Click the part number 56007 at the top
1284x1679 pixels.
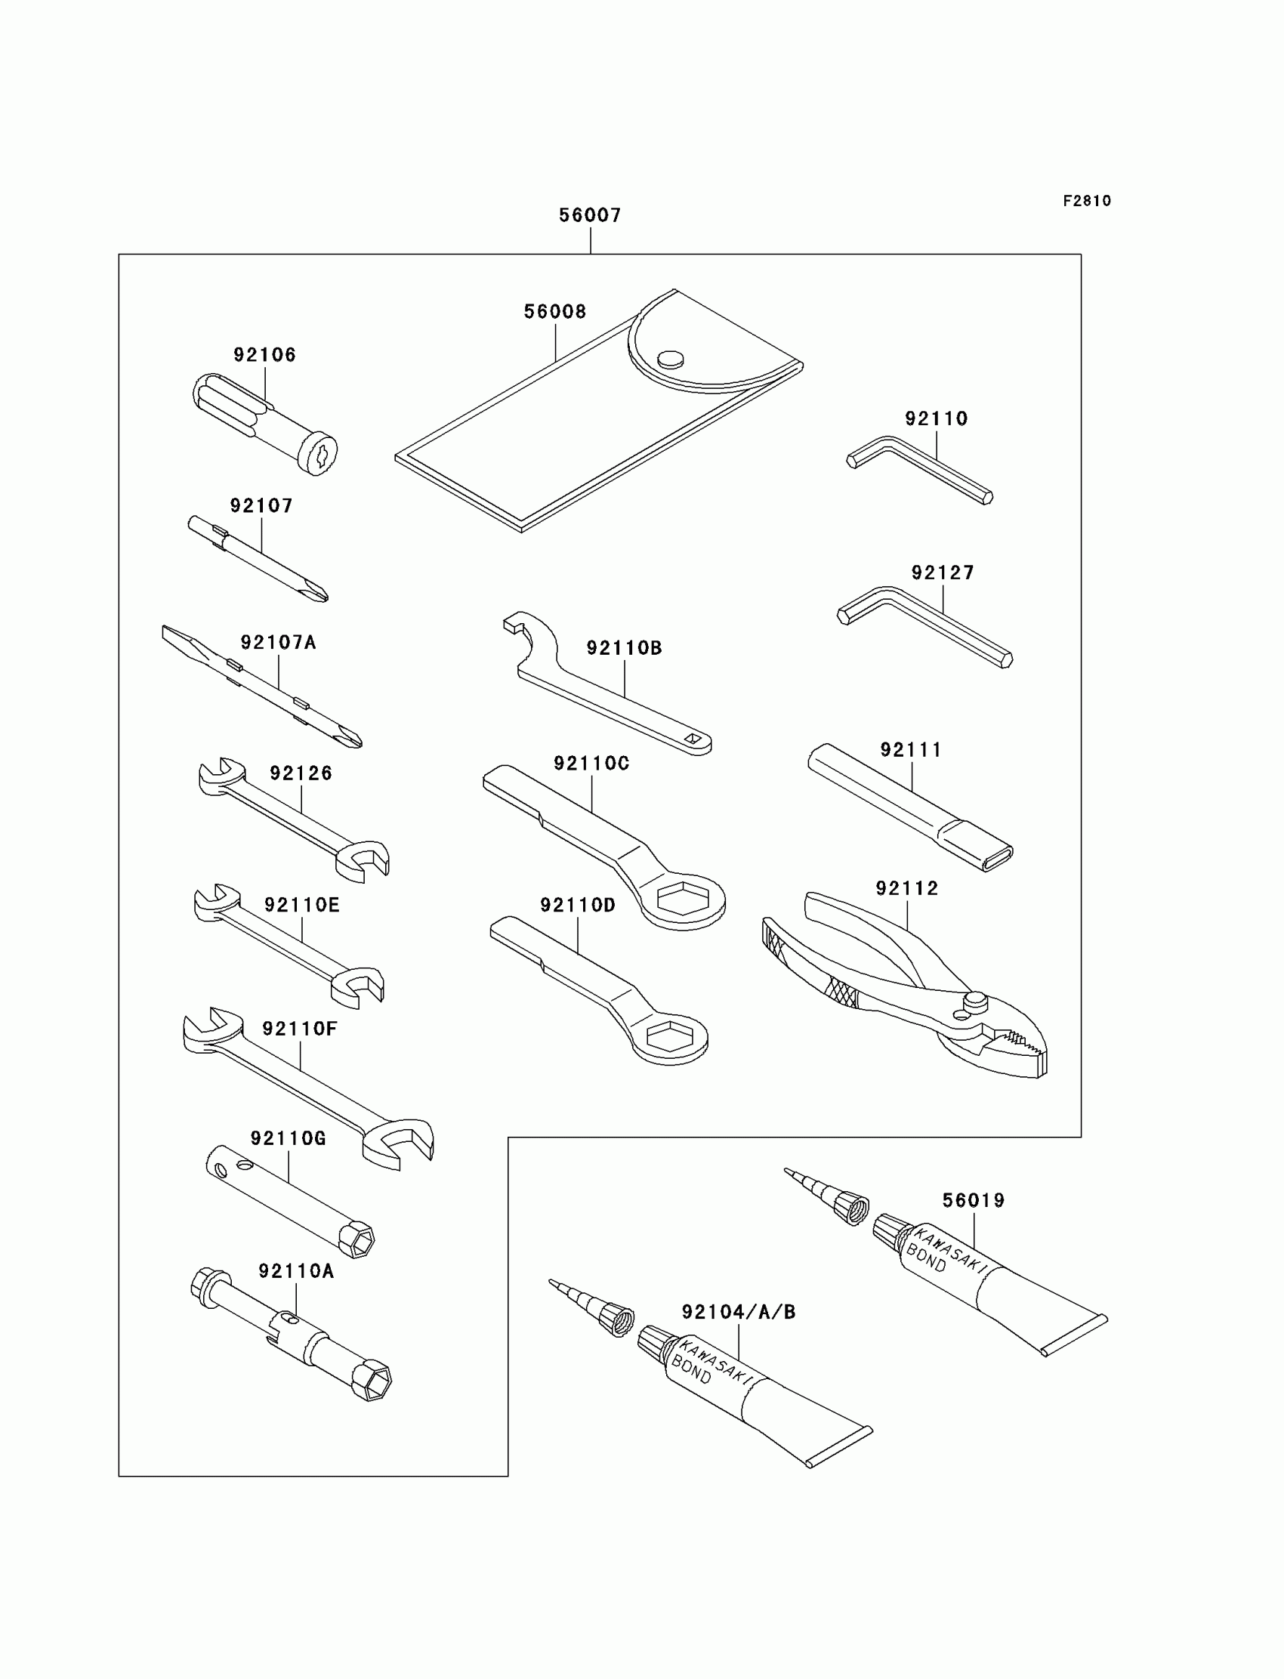click(589, 215)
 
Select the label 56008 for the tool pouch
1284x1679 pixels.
click(555, 312)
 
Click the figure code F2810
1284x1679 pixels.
click(1087, 201)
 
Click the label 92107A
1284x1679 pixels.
click(277, 643)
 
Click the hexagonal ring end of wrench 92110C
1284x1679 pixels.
click(682, 899)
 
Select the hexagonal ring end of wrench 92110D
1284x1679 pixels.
click(669, 1036)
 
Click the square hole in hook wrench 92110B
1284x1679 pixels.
click(693, 738)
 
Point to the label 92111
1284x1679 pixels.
click(910, 750)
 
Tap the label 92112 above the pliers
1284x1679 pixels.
click(906, 888)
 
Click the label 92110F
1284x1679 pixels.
click(300, 1029)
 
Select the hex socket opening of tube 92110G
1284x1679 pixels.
click(359, 1240)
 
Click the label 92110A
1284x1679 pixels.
click(296, 1271)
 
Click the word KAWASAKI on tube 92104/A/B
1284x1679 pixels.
click(715, 1360)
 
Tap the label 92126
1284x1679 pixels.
click(301, 773)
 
